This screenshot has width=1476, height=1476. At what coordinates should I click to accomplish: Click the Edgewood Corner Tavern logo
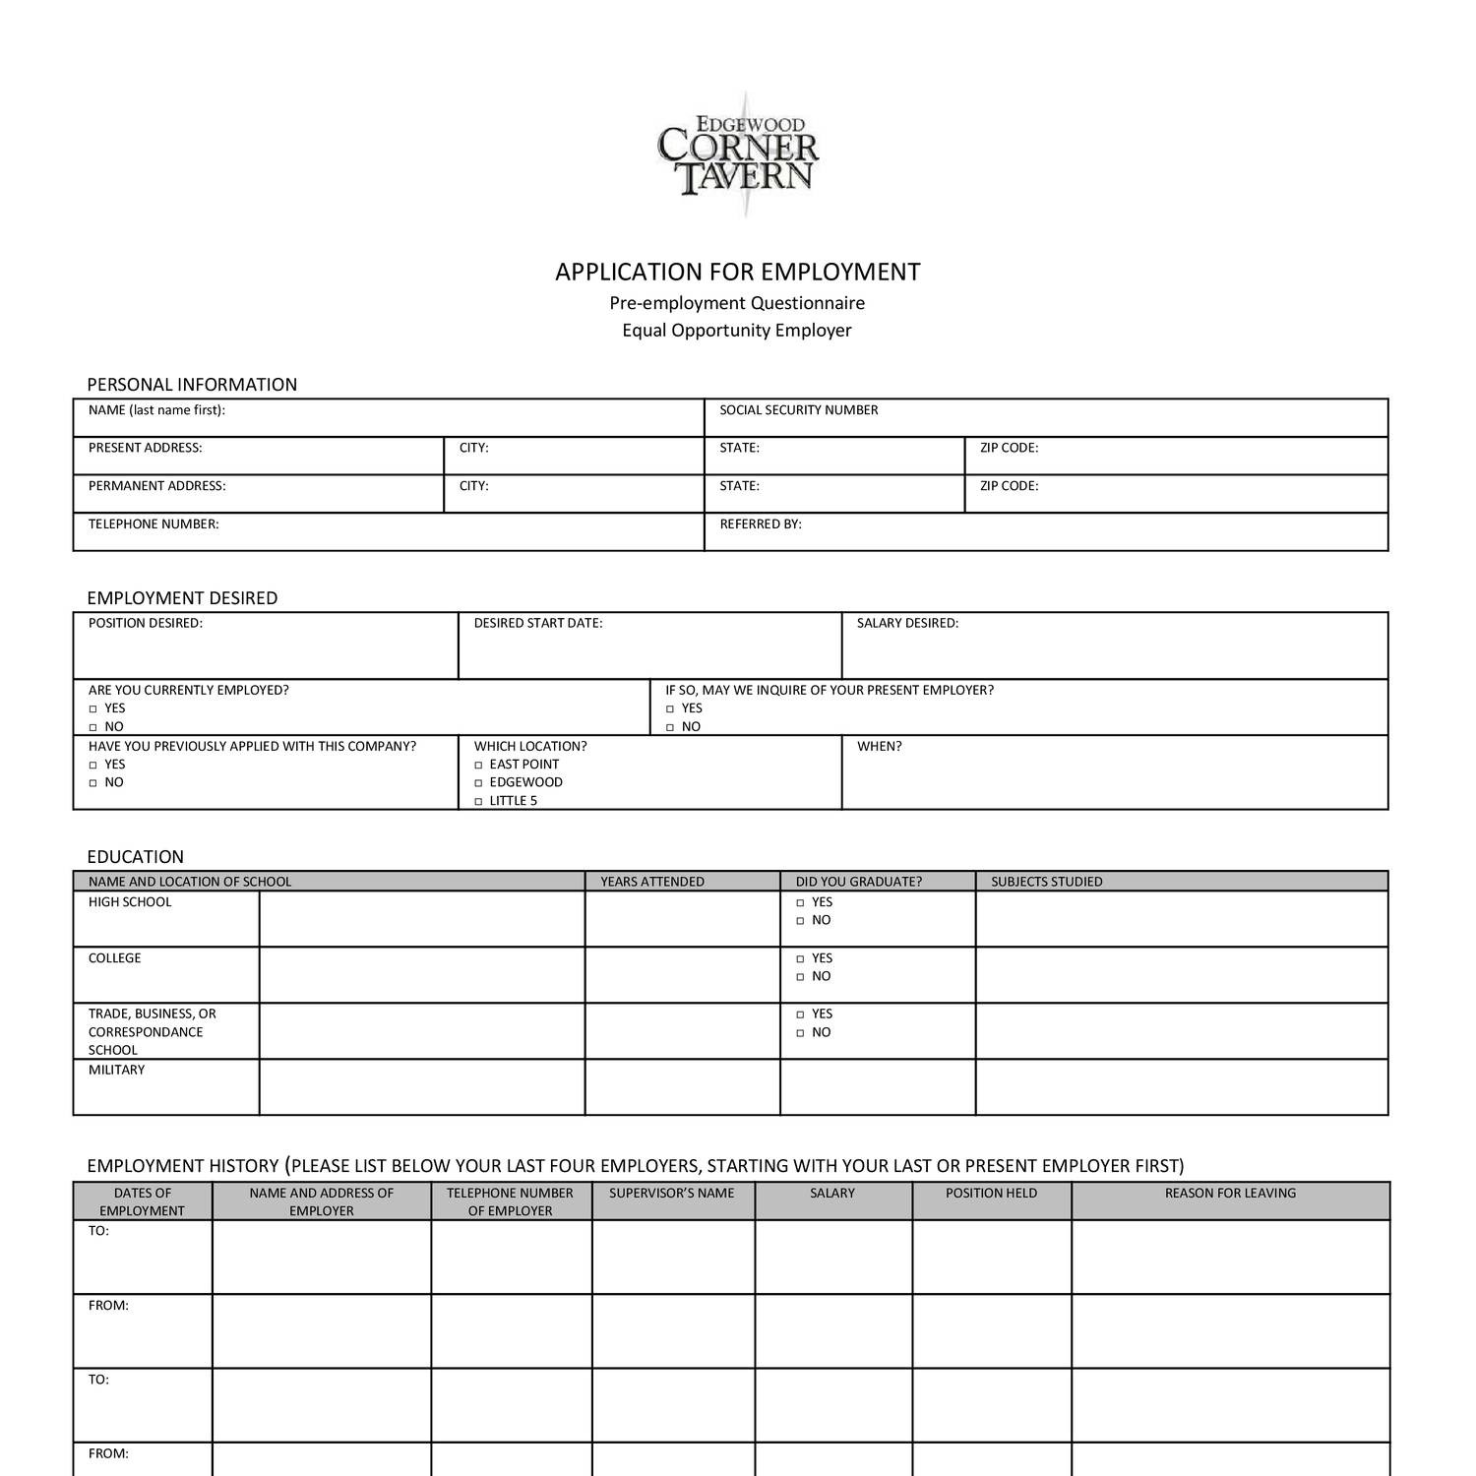coord(738,155)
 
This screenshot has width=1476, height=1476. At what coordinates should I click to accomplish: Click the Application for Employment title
coord(737,272)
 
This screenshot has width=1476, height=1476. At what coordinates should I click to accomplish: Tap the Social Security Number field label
coord(798,410)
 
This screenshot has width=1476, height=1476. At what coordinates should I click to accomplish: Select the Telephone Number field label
coord(154,524)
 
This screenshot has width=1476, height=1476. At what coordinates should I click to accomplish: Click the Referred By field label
coord(760,524)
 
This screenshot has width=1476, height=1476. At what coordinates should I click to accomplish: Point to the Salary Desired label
coord(906,623)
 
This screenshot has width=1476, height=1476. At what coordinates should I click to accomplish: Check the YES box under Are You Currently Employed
coord(93,708)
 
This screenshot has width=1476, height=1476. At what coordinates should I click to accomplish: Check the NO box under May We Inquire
coord(670,727)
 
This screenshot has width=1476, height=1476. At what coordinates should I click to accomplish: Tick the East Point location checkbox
coord(479,765)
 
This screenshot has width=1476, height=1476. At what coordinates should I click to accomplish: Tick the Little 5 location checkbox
coord(479,801)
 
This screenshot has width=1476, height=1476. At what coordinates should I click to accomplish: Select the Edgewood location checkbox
coord(479,783)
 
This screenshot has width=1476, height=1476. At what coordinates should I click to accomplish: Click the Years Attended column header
coord(651,882)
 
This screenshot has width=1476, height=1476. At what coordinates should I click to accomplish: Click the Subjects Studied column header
coord(1046,882)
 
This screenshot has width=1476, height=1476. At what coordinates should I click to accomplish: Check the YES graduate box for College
coord(801,958)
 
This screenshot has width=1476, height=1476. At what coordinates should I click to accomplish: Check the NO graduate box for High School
coord(801,921)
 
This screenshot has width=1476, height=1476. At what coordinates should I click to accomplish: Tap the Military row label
coord(116,1070)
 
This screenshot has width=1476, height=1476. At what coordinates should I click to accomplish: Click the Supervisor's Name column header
coord(671,1193)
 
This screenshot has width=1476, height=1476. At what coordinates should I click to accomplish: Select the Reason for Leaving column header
coord(1230,1193)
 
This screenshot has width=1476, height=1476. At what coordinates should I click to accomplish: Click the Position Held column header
coord(991,1193)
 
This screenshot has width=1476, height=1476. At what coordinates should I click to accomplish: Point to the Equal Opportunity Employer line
coord(736,331)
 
